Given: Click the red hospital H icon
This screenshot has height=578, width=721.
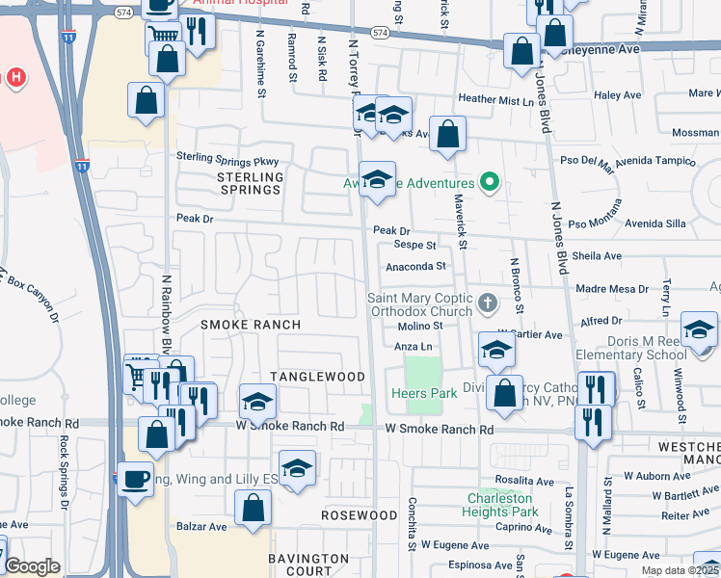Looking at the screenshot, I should pos(15,76).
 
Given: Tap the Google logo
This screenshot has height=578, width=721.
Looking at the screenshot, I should pos(32,566).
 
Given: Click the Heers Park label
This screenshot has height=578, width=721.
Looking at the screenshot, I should pos(424,393).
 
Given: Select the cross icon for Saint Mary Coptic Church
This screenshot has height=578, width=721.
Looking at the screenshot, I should pos(489,304).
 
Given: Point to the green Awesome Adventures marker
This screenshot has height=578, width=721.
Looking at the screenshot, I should pos(490,182).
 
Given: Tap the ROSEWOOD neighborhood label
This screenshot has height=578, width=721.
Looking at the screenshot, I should pos(360,515).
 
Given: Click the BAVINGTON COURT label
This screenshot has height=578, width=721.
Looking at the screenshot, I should pos(308,565).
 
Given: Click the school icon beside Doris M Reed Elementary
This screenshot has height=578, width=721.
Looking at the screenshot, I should pos(699,328).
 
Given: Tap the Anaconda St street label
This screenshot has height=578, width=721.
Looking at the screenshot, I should pos(416,266).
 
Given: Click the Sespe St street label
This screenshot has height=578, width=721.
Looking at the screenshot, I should pos(417,247).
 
